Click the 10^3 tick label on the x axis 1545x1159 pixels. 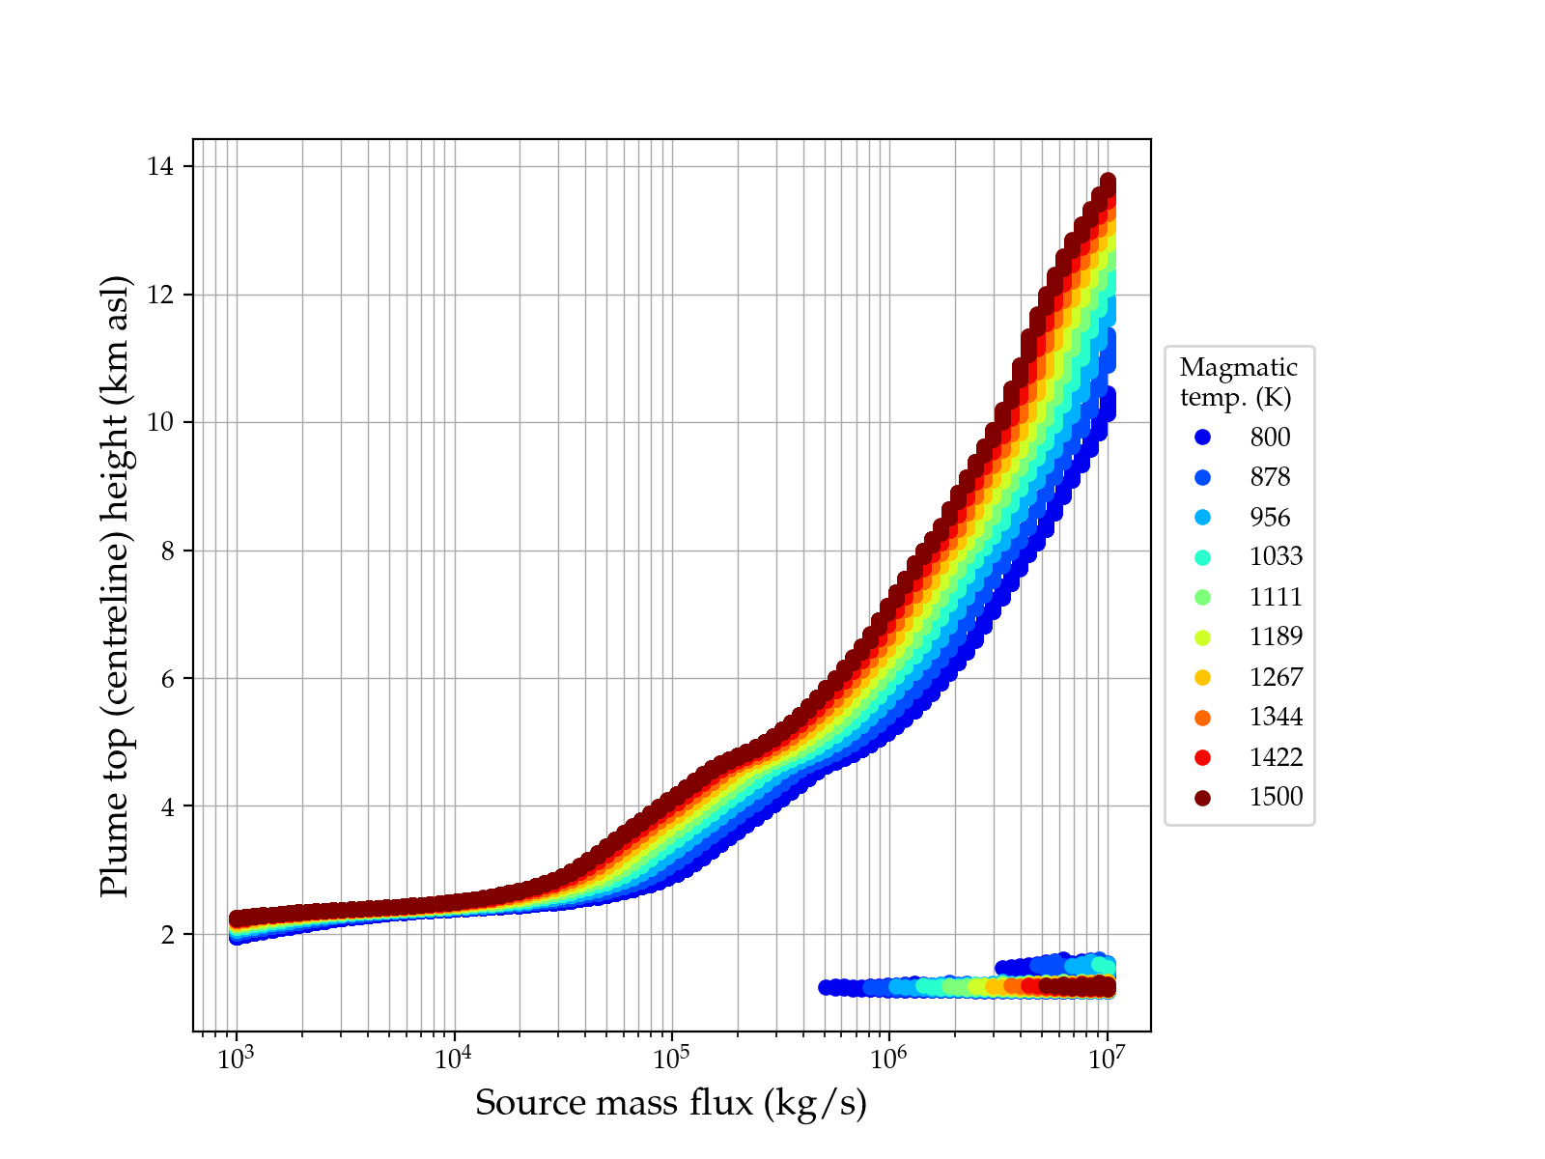click(x=237, y=1059)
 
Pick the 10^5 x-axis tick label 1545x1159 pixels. click(x=672, y=1059)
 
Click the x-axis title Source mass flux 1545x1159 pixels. click(x=671, y=1103)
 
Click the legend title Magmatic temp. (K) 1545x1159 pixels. click(x=1239, y=382)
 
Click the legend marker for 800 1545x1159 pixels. click(x=1202, y=438)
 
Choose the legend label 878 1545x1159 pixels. click(x=1270, y=477)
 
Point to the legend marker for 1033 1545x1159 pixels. click(x=1202, y=557)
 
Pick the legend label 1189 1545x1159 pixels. click(x=1276, y=636)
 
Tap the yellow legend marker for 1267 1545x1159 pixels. click(x=1202, y=677)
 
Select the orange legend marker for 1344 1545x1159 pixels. click(x=1202, y=718)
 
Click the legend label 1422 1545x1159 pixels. click(x=1276, y=757)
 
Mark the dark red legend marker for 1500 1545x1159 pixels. click(x=1202, y=798)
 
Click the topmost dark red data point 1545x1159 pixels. click(x=1108, y=182)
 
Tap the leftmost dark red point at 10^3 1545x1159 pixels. click(x=237, y=919)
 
